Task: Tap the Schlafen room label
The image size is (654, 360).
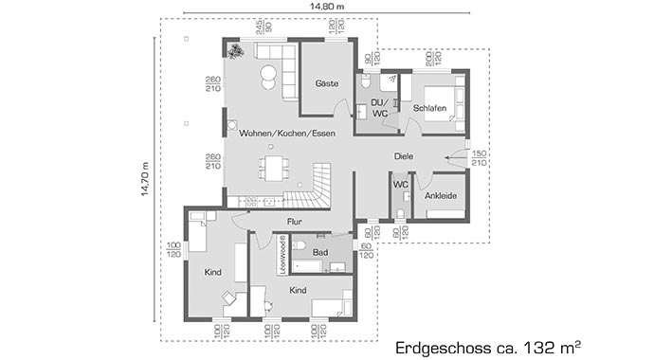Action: (429, 109)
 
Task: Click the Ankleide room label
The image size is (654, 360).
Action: (442, 197)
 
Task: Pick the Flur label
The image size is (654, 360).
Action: (294, 223)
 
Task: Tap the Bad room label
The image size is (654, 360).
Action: (319, 252)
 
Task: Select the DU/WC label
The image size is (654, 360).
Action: (379, 108)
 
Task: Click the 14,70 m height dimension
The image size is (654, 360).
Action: (145, 179)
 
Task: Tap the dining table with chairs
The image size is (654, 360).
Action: (275, 169)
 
